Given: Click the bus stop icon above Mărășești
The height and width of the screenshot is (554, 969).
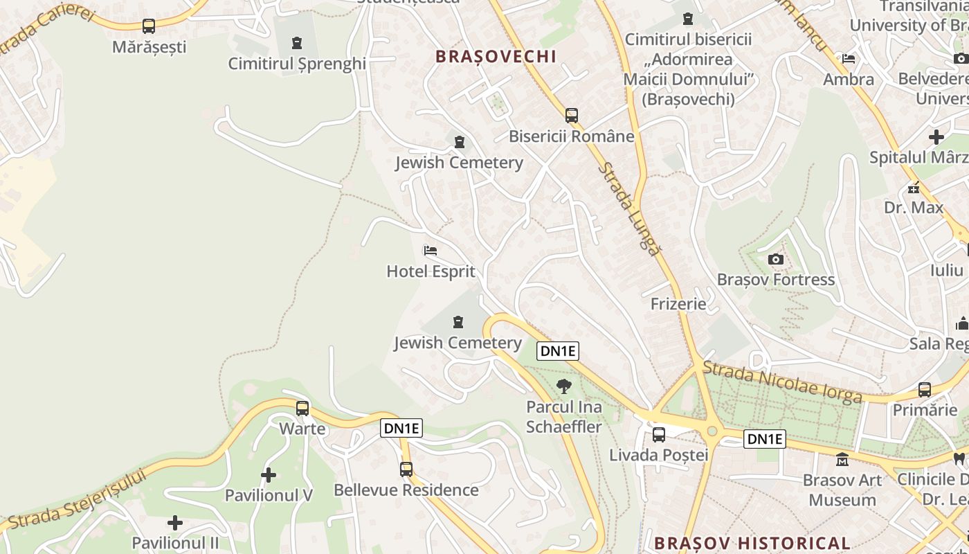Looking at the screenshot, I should pyautogui.click(x=149, y=26).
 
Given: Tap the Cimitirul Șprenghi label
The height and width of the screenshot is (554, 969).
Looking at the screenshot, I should pyautogui.click(x=297, y=64).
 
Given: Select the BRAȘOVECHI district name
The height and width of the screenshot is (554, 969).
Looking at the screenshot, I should pyautogui.click(x=496, y=57).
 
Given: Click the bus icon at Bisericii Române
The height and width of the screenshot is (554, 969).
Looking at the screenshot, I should pyautogui.click(x=571, y=116).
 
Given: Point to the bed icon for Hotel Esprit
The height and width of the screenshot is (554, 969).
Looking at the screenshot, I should pyautogui.click(x=431, y=251).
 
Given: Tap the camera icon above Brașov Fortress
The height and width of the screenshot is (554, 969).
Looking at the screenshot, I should pyautogui.click(x=776, y=260).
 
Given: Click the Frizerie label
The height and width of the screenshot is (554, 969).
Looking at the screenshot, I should pyautogui.click(x=678, y=304).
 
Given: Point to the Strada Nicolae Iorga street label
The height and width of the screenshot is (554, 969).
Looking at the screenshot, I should pyautogui.click(x=783, y=382).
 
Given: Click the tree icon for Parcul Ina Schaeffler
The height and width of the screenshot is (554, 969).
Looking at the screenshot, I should pyautogui.click(x=564, y=386).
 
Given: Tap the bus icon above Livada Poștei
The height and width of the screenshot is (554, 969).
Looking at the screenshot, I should pyautogui.click(x=658, y=435).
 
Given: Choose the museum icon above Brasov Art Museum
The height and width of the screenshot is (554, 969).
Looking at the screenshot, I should pyautogui.click(x=842, y=459).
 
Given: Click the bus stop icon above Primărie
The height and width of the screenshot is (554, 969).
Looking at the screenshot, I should pyautogui.click(x=925, y=390).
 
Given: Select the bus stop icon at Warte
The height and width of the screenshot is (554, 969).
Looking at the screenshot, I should pyautogui.click(x=302, y=409).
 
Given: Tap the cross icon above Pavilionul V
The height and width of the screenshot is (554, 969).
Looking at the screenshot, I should pyautogui.click(x=269, y=475).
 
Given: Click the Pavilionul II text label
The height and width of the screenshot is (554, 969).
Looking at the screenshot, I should pyautogui.click(x=175, y=543).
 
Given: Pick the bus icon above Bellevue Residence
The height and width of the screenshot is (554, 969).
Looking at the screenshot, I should pyautogui.click(x=406, y=470).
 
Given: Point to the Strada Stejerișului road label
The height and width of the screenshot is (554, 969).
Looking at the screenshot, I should pyautogui.click(x=78, y=499).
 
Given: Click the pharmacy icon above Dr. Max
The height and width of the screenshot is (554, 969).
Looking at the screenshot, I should pyautogui.click(x=914, y=188).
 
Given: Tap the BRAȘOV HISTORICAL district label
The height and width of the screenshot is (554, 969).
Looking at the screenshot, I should pyautogui.click(x=752, y=543).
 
